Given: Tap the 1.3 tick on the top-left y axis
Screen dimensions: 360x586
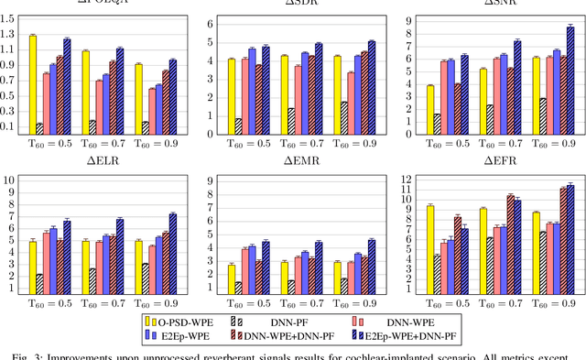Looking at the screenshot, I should [x=8, y=34].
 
